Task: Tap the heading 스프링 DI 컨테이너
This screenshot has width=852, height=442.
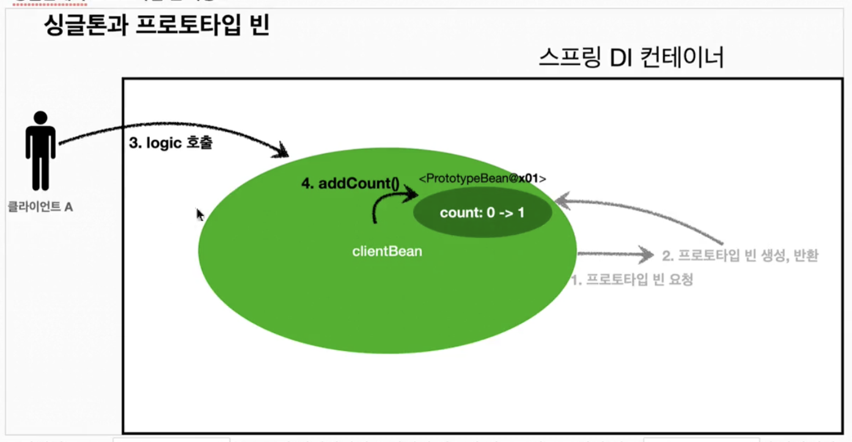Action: point(631,58)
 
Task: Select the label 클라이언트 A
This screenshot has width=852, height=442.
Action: point(40,207)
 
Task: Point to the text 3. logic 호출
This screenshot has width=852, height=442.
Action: point(171,144)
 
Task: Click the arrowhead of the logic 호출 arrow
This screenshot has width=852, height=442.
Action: point(282,150)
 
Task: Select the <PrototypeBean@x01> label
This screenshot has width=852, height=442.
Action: point(482,178)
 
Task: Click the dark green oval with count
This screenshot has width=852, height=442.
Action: point(482,212)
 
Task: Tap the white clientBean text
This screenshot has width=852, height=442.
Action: point(387,251)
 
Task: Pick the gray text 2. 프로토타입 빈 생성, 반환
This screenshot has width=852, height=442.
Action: point(740,255)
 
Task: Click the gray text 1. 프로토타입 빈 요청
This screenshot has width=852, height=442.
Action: point(632,280)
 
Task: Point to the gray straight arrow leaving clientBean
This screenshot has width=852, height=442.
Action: point(614,253)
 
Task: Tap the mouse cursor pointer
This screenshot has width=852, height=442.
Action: point(200,214)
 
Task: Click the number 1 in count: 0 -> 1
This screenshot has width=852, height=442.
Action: point(521,213)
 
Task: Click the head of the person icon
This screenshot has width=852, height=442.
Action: point(41,117)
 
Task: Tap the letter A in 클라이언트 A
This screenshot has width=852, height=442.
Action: point(68,207)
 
